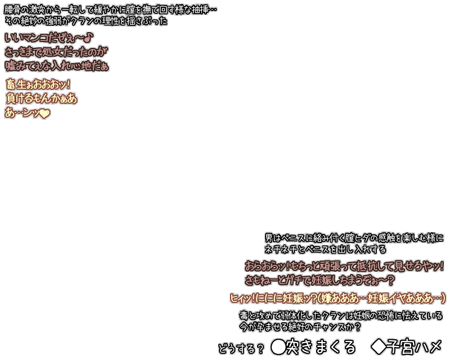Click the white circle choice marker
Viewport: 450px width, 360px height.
point(278,347)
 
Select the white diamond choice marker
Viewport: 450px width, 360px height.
point(379,347)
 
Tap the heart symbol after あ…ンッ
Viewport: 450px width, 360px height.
point(44,114)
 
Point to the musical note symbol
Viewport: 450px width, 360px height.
point(89,37)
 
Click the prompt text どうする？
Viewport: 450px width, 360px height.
point(241,349)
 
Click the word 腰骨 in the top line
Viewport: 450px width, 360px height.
point(12,10)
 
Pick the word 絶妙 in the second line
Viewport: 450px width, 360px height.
point(29,21)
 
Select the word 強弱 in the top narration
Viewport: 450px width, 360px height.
point(53,21)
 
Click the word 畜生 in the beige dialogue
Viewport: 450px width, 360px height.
point(16,85)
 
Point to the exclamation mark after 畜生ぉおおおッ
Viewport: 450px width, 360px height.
point(68,85)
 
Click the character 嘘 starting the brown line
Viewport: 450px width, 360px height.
point(11,66)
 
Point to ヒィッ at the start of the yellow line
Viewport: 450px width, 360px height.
point(241,298)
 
